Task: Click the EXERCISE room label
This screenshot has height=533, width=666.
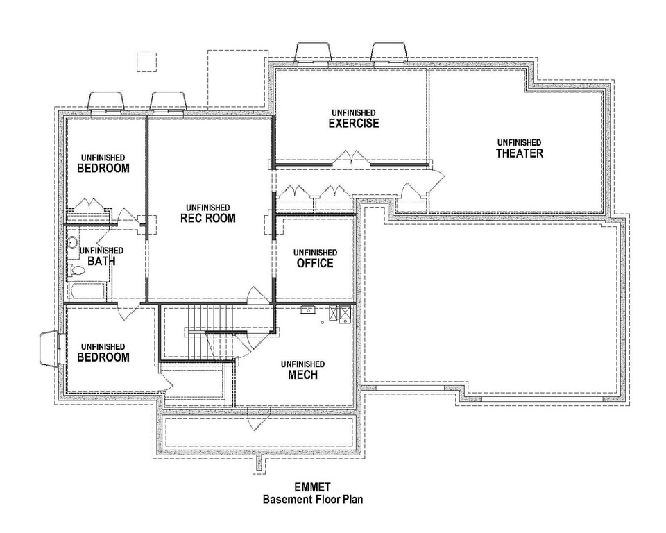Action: tap(353, 124)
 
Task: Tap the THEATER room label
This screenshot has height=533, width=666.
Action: tap(519, 153)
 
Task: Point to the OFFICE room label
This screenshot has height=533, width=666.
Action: tap(315, 263)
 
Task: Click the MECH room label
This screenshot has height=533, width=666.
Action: tap(302, 375)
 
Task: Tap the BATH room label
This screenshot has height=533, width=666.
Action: tap(101, 262)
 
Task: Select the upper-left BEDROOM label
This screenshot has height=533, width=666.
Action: tap(103, 168)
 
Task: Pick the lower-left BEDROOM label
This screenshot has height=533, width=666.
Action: tap(103, 357)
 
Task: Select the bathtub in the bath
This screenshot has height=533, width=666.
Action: tap(88, 291)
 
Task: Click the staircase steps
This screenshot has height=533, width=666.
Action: tap(208, 320)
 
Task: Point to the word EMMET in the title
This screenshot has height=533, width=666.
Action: tap(312, 487)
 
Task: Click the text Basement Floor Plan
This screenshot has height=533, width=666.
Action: tap(312, 499)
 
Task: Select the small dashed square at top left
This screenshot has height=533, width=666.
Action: tap(146, 62)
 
